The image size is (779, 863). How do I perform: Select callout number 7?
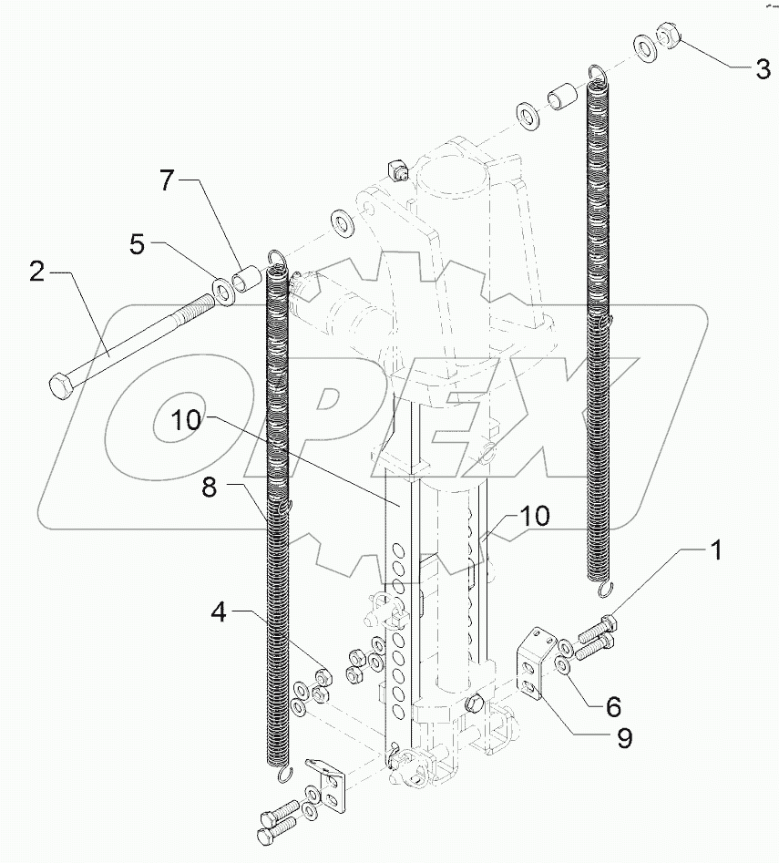coord(166,180)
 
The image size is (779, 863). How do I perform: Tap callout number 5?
coord(136,245)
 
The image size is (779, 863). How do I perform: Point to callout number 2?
coord(36,272)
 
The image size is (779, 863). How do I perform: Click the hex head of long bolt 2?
coord(60,386)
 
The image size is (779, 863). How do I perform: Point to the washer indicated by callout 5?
coord(221,292)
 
